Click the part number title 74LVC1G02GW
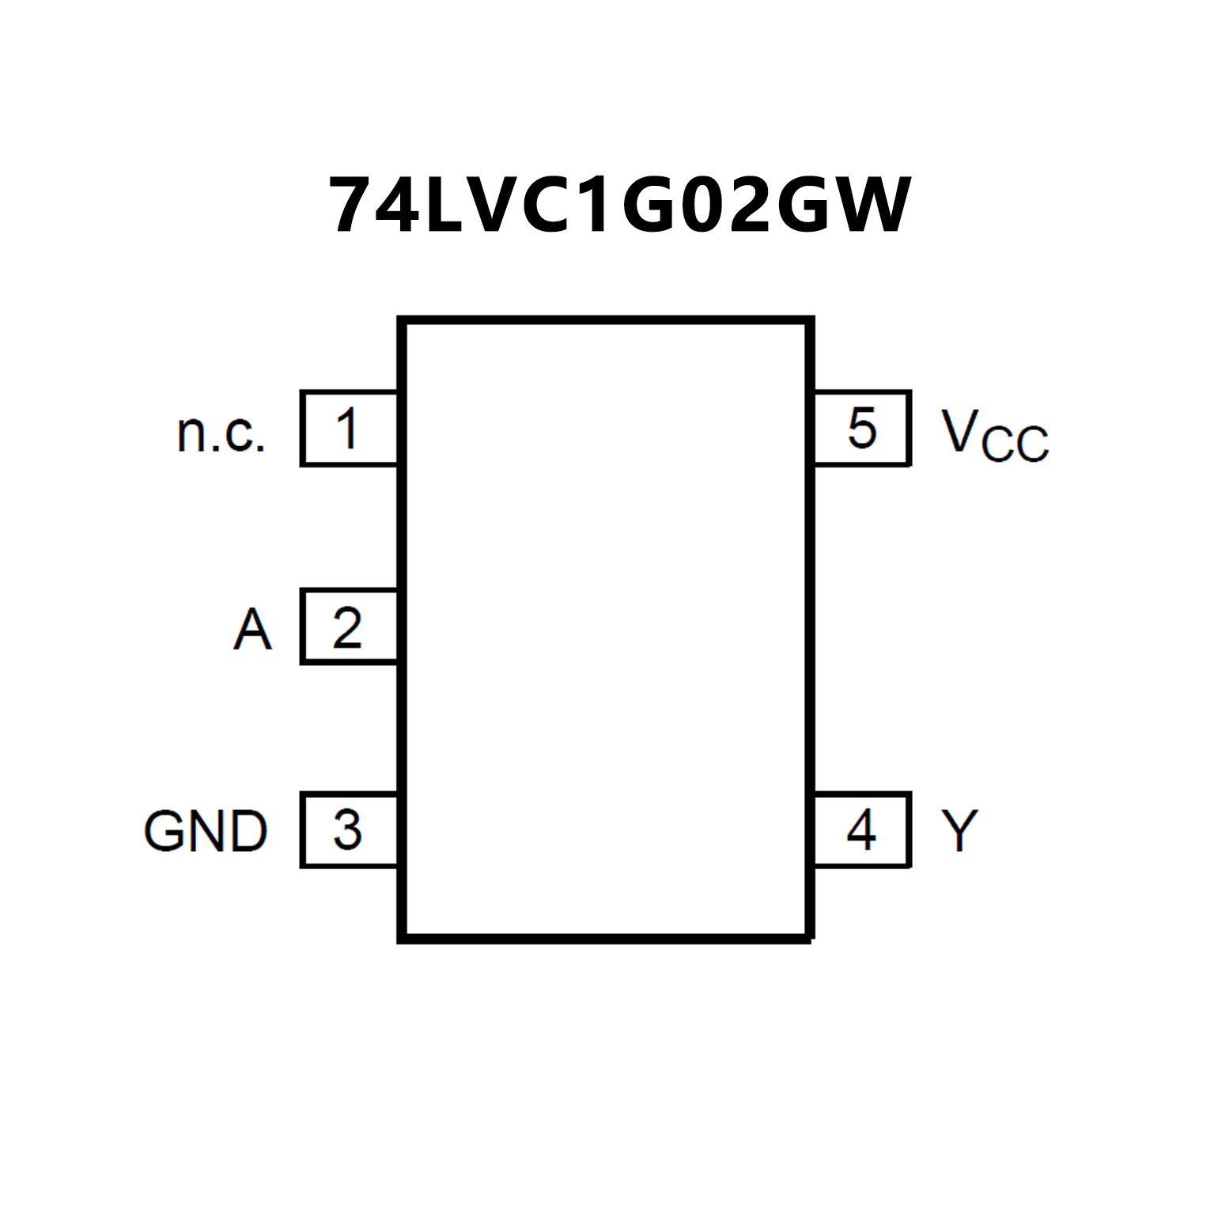(x=619, y=206)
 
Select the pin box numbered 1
(x=349, y=428)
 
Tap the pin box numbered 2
(x=349, y=627)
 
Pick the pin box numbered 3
(x=349, y=830)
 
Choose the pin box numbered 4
(x=862, y=830)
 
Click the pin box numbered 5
(x=862, y=428)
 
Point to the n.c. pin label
(x=221, y=433)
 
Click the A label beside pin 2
(x=252, y=630)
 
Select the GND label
(x=206, y=831)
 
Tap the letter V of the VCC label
(x=960, y=431)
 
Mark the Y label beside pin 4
(x=959, y=830)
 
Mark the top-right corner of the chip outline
(x=810, y=321)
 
